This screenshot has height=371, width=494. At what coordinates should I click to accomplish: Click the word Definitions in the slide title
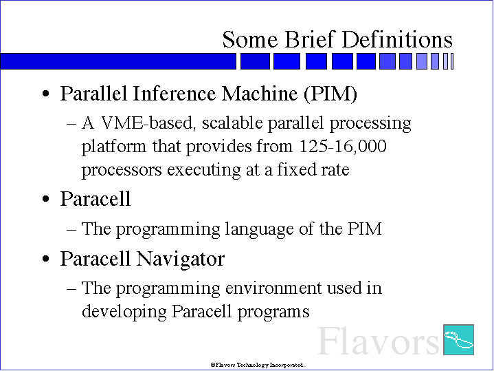click(397, 39)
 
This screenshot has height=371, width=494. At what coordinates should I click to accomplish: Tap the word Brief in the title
click(308, 39)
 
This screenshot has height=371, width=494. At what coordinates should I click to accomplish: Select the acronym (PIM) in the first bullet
click(330, 94)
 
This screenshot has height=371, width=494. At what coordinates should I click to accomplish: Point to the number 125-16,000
click(342, 146)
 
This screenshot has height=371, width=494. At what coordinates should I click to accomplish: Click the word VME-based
click(147, 123)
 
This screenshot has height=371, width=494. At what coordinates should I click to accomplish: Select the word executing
click(204, 170)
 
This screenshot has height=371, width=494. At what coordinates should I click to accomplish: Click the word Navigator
click(180, 259)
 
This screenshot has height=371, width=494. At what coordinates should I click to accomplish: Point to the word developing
click(124, 312)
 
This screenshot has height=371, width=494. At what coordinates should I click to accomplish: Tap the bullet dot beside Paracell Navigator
click(45, 259)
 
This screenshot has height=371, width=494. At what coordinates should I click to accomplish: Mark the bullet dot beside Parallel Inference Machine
click(45, 94)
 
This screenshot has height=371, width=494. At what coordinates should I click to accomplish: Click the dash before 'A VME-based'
click(71, 124)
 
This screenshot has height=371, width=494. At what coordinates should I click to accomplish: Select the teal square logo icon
click(458, 339)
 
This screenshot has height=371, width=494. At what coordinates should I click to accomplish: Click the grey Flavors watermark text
click(378, 341)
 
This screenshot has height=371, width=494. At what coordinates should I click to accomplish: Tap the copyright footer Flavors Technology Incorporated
click(258, 365)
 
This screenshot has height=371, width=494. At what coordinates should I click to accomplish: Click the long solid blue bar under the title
click(118, 61)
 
